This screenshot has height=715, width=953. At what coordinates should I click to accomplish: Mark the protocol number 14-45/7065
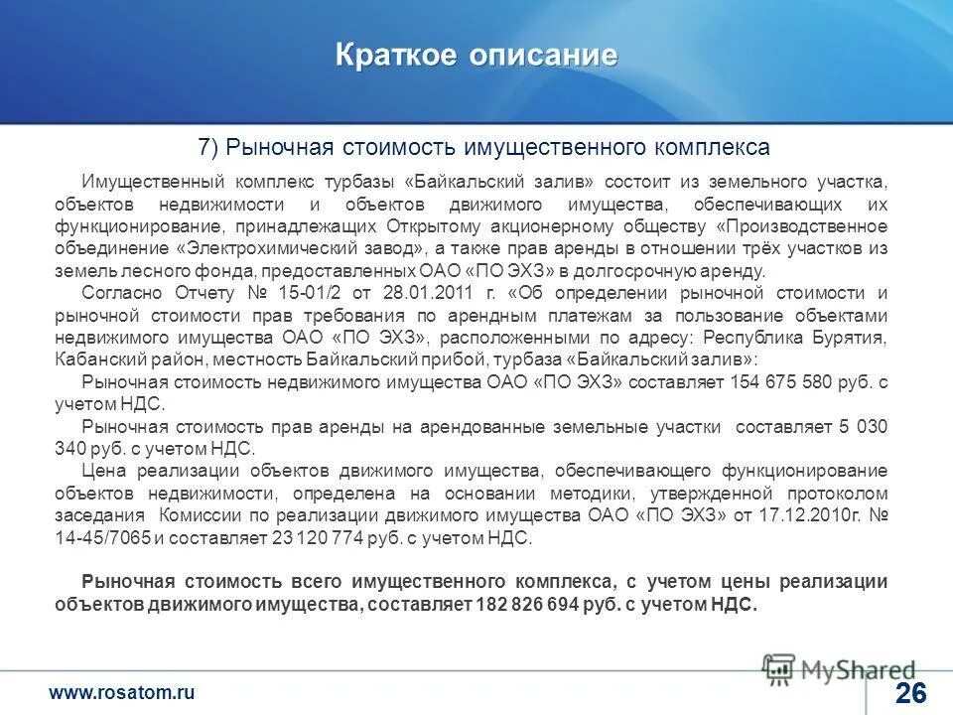coord(103,539)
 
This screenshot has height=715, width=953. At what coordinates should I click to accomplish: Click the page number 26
coord(910,693)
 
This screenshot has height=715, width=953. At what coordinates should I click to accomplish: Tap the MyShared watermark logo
coord(839,669)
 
